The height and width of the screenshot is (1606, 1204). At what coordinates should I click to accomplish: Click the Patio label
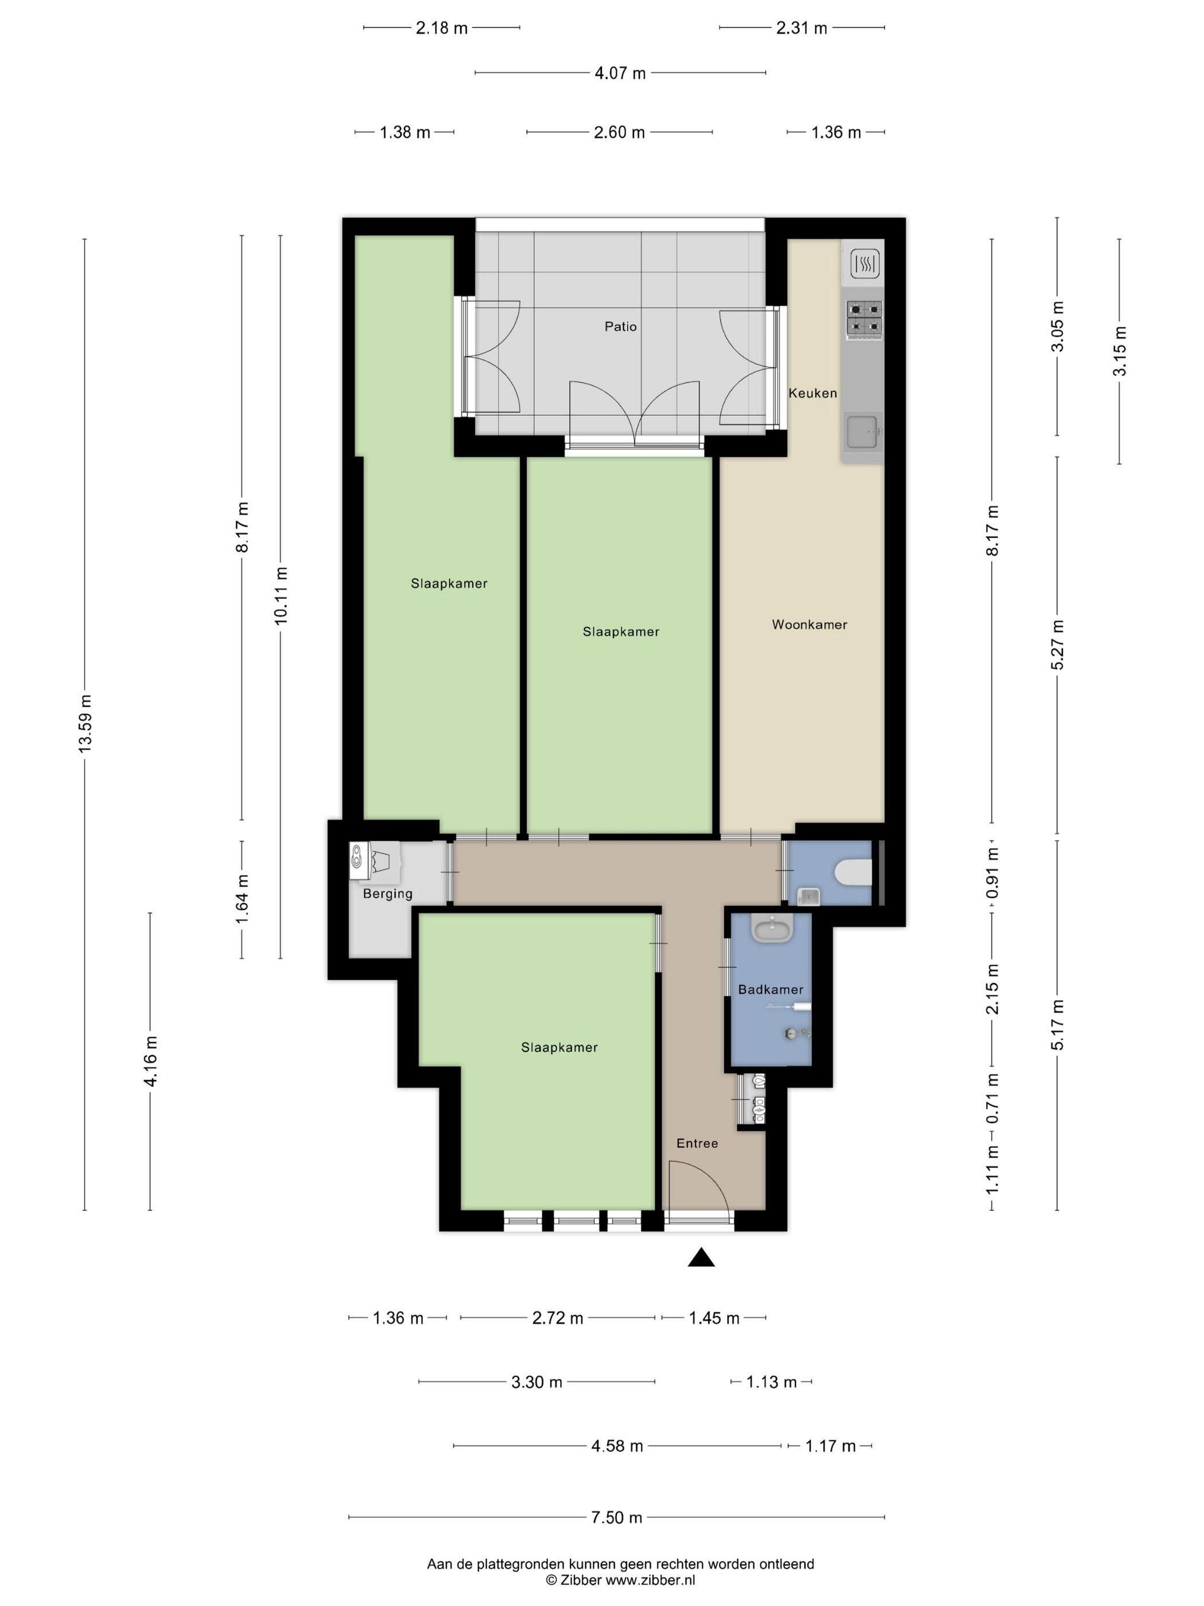(x=620, y=327)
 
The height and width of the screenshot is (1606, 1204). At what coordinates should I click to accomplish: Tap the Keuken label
(x=813, y=393)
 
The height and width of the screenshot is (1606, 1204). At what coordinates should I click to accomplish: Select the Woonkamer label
(x=809, y=625)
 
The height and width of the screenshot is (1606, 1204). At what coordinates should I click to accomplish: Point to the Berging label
(x=388, y=894)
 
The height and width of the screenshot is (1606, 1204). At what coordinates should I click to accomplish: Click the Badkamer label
(x=771, y=989)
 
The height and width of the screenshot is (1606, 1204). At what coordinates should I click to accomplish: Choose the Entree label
(x=697, y=1144)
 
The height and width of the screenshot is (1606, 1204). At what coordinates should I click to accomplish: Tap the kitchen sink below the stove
(x=863, y=432)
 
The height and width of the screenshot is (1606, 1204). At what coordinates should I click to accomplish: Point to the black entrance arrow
(x=701, y=1257)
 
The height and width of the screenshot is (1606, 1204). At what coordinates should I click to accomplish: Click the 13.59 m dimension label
(x=85, y=724)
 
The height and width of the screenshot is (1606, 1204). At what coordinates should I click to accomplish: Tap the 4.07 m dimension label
(x=620, y=73)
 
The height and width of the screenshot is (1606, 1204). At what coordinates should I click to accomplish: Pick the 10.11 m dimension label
(x=282, y=595)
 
